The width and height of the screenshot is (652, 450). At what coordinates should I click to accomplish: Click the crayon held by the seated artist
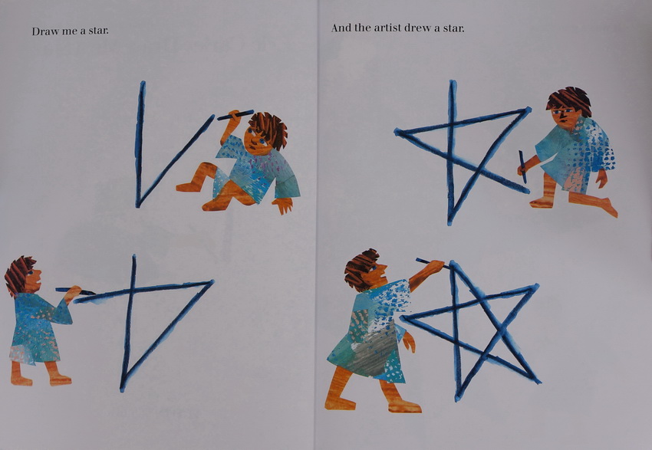pyautogui.click(x=235, y=115)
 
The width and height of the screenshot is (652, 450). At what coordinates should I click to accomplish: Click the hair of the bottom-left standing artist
pyautogui.click(x=18, y=274)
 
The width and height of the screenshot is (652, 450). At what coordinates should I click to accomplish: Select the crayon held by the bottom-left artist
pyautogui.click(x=75, y=291)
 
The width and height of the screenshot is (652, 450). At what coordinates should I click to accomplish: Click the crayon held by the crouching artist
pyautogui.click(x=522, y=166)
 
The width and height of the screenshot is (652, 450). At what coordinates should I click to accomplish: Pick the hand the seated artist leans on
pyautogui.click(x=283, y=205)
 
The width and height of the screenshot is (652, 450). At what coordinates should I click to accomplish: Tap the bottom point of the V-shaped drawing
pyautogui.click(x=139, y=205)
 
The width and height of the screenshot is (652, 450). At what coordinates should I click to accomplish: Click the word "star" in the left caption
pyautogui.click(x=98, y=31)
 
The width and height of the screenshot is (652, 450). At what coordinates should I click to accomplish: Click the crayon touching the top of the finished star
pyautogui.click(x=433, y=263)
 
